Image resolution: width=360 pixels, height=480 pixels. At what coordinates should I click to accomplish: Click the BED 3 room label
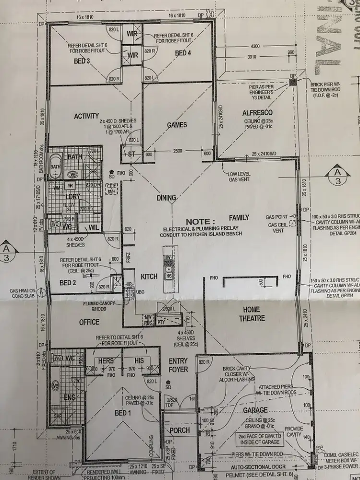coord(82,61)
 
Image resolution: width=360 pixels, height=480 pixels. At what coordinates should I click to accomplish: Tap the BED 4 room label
coord(183,53)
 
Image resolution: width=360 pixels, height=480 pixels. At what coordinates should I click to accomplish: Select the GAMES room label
coord(177,125)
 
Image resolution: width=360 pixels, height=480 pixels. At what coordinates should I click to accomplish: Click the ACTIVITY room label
coord(86,116)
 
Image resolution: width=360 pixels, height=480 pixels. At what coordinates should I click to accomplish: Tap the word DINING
coord(166,198)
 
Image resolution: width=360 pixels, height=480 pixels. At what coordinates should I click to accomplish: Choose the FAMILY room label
coord(239,217)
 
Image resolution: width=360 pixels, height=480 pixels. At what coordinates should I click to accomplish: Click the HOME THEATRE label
coord(253,313)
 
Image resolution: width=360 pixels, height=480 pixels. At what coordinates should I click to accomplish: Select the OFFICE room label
coord(89,322)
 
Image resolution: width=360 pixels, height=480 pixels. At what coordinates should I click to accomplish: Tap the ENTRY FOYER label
coord(178,365)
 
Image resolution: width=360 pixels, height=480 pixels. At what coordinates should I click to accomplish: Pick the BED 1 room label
coord(123,413)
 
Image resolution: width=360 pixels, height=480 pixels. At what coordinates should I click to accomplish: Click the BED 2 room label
coord(69,282)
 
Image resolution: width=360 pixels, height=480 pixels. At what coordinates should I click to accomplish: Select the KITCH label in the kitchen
coord(149,276)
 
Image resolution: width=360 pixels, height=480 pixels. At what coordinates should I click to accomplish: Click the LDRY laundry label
coord(73,197)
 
